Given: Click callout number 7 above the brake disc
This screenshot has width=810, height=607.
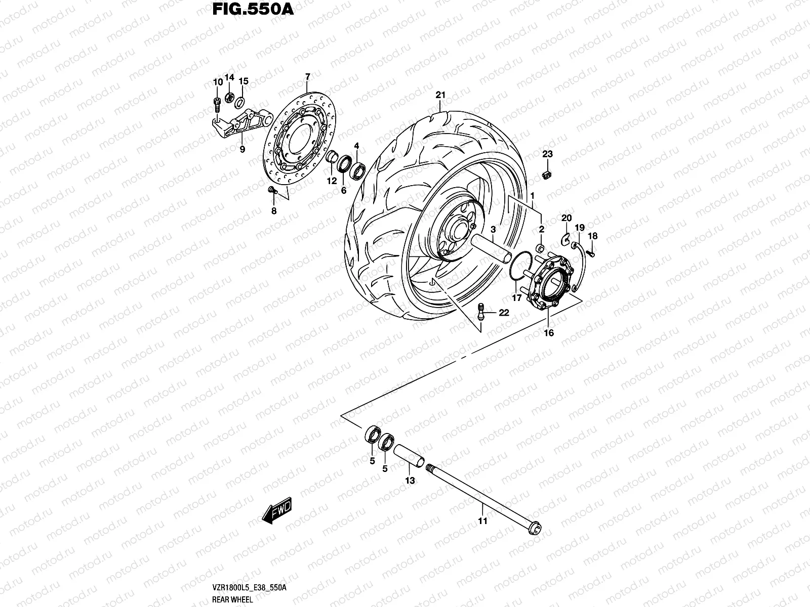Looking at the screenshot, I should (307, 77).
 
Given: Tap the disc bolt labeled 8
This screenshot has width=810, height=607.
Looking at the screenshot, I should (272, 190).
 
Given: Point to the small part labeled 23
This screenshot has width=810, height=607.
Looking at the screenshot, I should (547, 174).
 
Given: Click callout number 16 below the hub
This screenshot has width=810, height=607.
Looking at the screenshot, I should (549, 333).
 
